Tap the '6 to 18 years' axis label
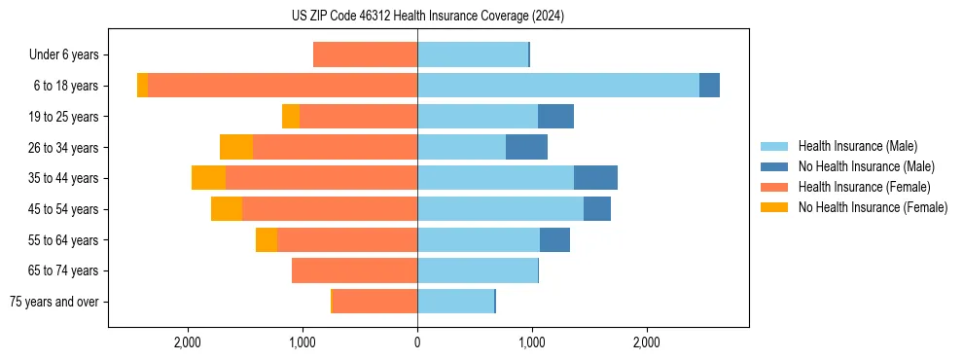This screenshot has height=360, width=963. [x=65, y=86]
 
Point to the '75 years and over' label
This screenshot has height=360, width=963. [x=53, y=302]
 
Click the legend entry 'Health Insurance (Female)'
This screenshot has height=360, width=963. [x=864, y=187]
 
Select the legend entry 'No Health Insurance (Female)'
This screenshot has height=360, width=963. [x=873, y=207]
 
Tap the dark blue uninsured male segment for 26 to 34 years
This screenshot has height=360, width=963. [x=526, y=147]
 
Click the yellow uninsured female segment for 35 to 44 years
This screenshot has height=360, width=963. [x=208, y=178]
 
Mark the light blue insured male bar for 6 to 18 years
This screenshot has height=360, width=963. [x=557, y=86]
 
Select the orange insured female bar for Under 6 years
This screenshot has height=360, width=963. [x=365, y=54]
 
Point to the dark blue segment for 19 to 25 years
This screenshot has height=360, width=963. [x=555, y=117]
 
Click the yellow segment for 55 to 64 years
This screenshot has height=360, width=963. [x=267, y=239]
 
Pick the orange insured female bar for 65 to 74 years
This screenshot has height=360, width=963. [x=354, y=270]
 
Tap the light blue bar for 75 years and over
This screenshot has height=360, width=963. [x=455, y=302]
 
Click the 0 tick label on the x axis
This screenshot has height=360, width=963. [x=417, y=342]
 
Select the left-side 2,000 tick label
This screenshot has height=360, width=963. [x=187, y=342]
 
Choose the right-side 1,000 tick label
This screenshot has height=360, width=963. [x=532, y=342]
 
